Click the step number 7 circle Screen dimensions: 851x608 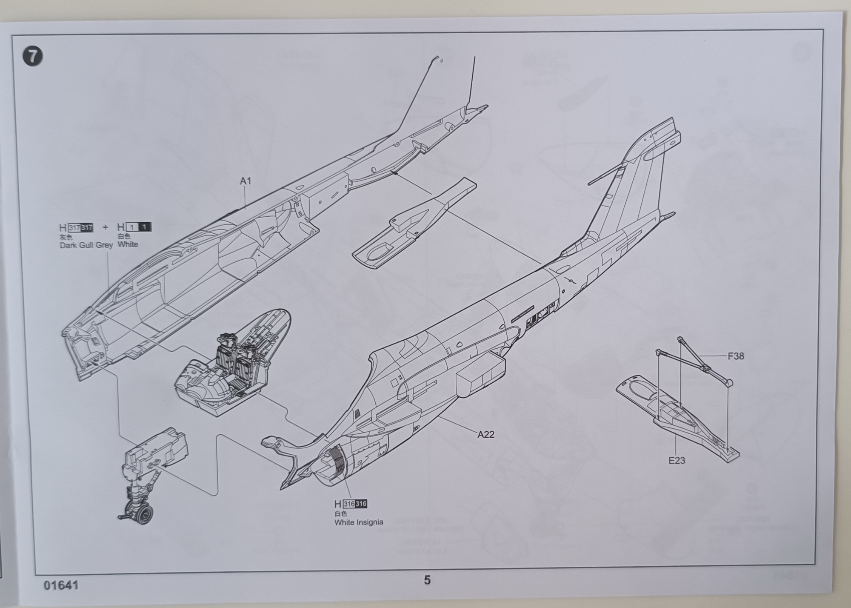point(33,57)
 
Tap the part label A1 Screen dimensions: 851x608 point(246,181)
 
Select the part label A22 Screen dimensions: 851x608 point(485,434)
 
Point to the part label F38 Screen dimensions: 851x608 point(736,356)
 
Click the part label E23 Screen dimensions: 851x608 point(677,460)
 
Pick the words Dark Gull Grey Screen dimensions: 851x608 point(86,245)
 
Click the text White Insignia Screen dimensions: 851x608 point(359,522)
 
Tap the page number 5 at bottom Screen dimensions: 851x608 point(427,580)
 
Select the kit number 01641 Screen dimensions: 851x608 point(61,585)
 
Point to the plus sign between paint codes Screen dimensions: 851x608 point(106,227)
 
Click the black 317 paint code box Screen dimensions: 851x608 point(87,228)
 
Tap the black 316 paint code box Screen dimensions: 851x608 point(361,504)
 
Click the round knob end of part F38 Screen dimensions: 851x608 point(729,382)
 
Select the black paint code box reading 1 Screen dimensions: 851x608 point(145,227)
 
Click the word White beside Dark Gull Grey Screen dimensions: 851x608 point(128,244)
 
